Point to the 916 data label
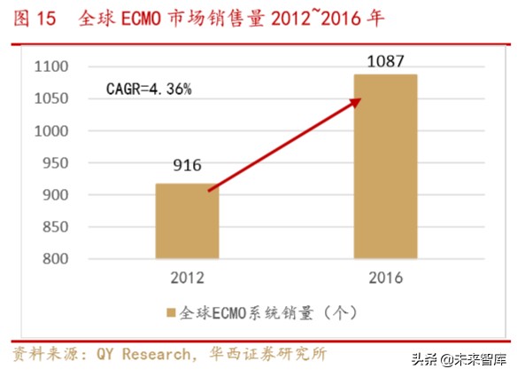pos(188,166)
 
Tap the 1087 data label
pos(385,61)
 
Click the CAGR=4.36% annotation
pos(149,89)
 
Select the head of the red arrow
pos(359,98)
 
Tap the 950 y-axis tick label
pos(56,162)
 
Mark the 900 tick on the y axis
pos(56,194)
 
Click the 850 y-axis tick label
pos(56,226)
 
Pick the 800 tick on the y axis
pos(56,258)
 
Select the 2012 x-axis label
pos(187,279)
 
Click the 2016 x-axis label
pos(385,279)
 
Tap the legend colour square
pos(170,313)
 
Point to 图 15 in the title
pos(32,17)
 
